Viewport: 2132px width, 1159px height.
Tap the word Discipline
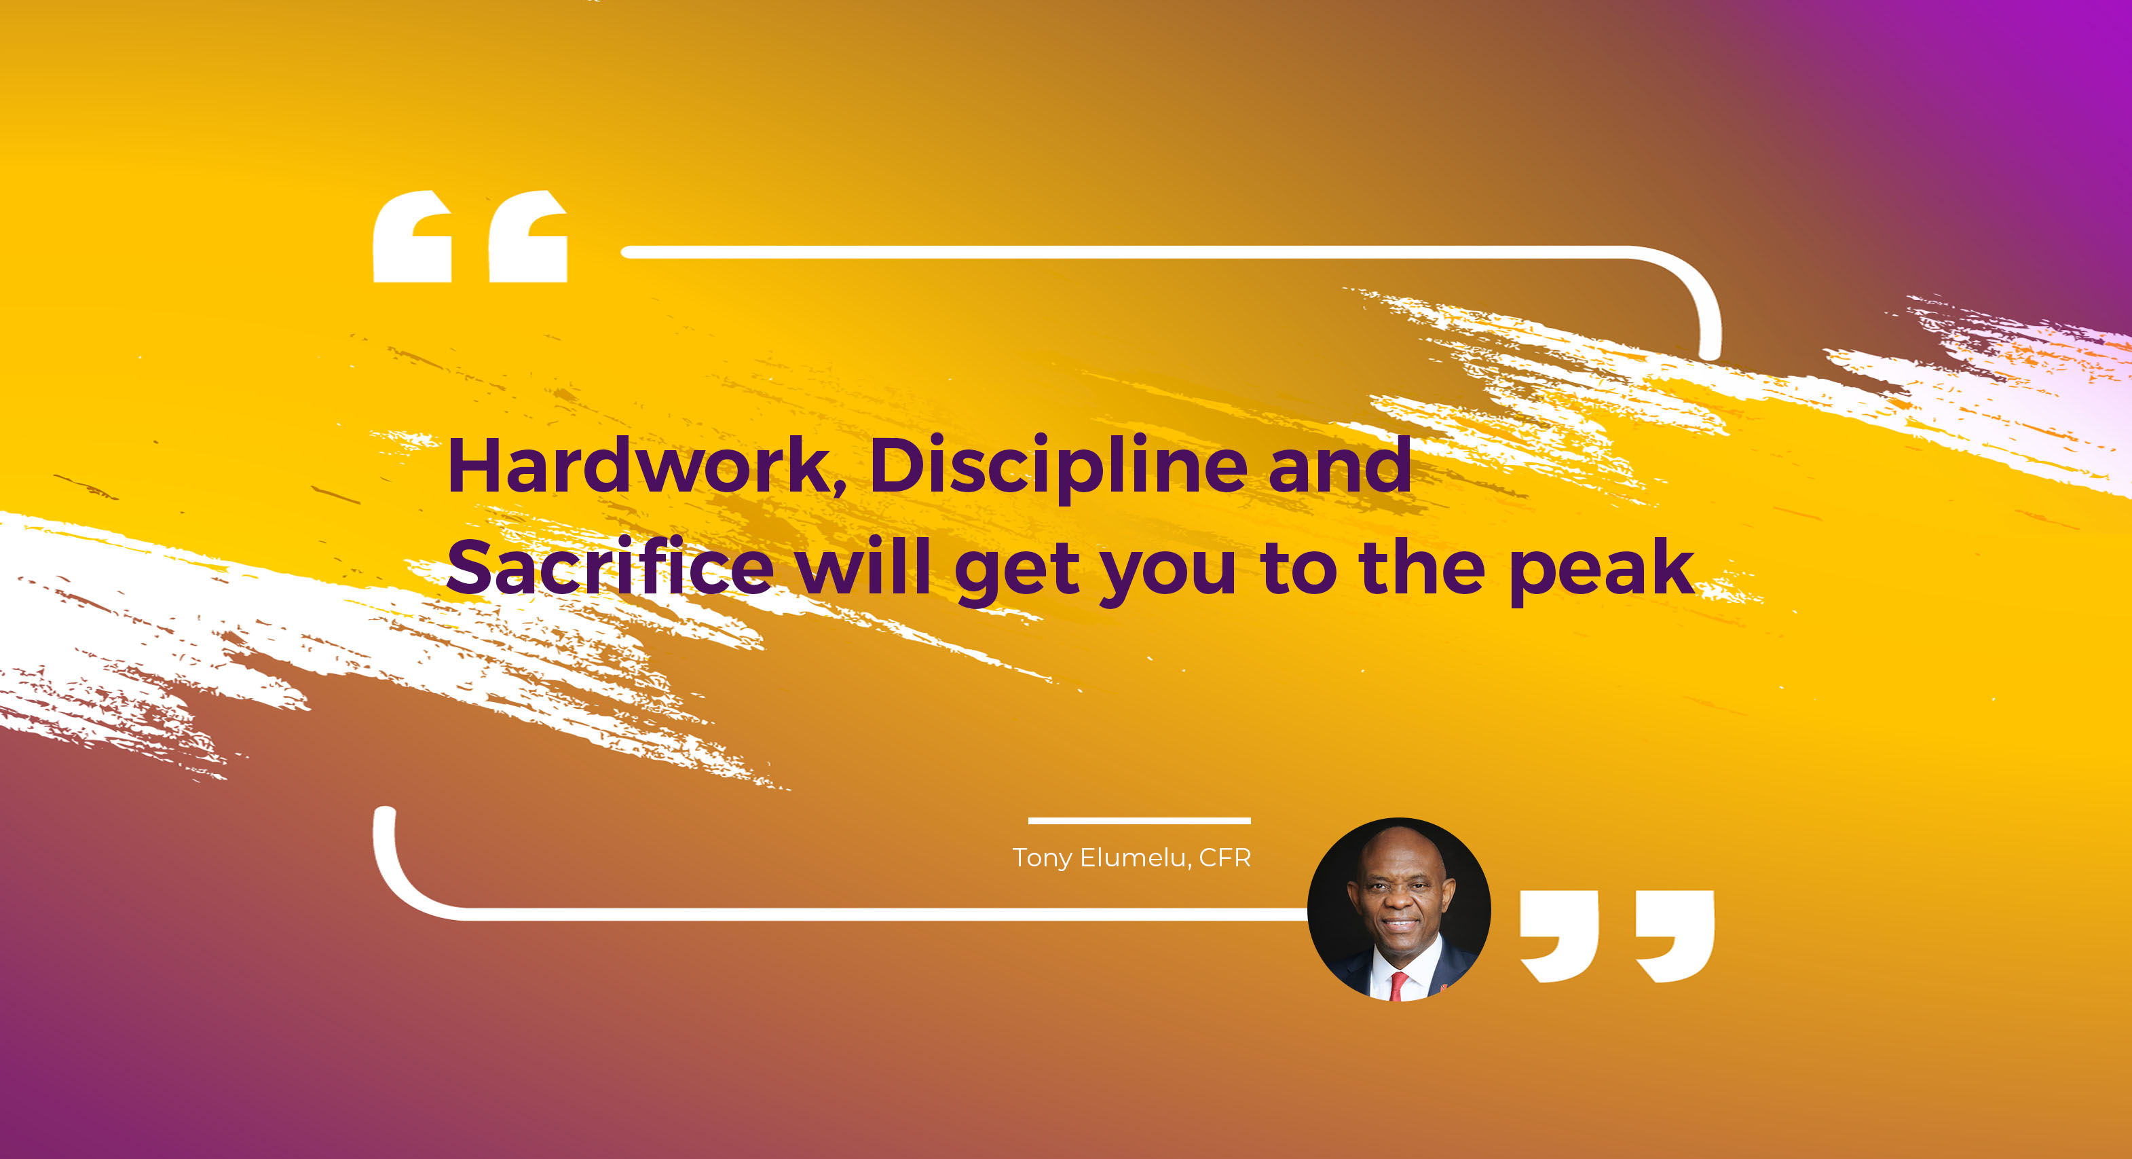tap(1058, 467)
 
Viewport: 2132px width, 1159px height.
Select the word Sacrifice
tap(611, 567)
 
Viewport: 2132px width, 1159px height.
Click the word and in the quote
tap(1339, 465)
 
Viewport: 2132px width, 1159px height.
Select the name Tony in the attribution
tap(1042, 858)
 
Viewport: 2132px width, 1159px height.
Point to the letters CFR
tap(1225, 858)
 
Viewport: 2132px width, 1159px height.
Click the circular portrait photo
tap(1399, 910)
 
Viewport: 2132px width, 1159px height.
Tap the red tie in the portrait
tap(1398, 986)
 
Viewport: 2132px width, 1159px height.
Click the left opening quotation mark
tap(412, 237)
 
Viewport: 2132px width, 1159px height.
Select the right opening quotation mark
tap(528, 237)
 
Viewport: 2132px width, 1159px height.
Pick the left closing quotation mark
tap(1559, 936)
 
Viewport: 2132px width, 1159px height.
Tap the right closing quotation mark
tap(1675, 936)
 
